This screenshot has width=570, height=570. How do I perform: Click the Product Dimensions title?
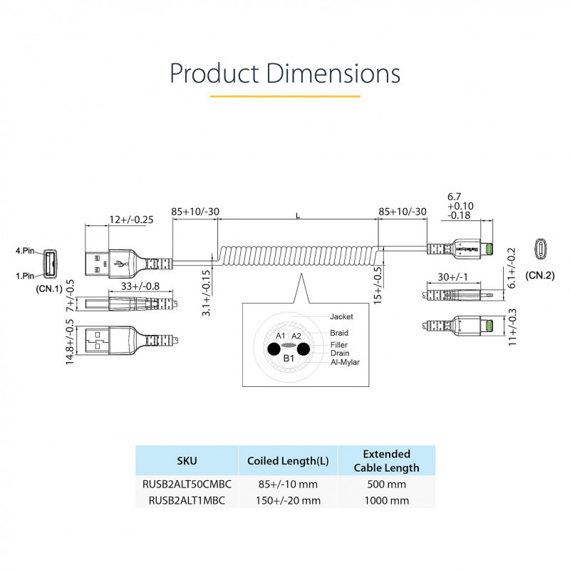[x=285, y=74]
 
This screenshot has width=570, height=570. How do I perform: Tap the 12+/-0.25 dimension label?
[x=131, y=219]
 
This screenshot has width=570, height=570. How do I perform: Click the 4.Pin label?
[x=25, y=251]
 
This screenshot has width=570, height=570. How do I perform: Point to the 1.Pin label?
[x=25, y=275]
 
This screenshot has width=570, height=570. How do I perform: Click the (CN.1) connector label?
[x=49, y=289]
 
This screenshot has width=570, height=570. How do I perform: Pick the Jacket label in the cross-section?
[x=341, y=316]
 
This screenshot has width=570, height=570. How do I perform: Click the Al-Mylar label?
[x=346, y=362]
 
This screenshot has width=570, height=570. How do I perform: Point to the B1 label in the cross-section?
[x=289, y=358]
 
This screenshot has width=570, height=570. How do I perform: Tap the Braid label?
[x=339, y=333]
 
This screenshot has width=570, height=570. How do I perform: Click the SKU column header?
[x=187, y=460]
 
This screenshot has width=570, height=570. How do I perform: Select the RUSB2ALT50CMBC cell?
[x=187, y=485]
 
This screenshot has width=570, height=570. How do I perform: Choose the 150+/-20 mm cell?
[x=287, y=500]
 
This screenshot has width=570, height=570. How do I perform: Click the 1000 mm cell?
[x=386, y=500]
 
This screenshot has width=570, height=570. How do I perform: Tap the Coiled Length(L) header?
[x=287, y=461]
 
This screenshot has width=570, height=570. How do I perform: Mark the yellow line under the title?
[x=285, y=95]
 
